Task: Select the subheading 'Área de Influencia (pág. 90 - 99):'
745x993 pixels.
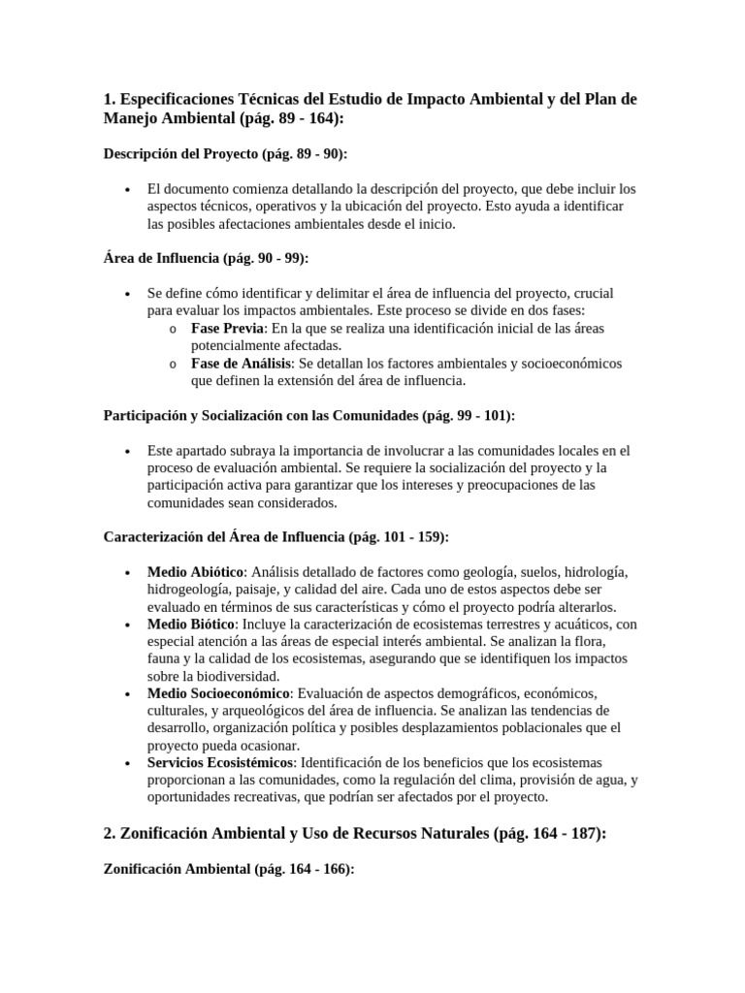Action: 206,258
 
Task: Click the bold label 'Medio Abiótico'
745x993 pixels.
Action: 195,571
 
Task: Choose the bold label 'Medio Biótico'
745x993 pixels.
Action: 190,624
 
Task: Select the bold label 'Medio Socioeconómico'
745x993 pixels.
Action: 218,693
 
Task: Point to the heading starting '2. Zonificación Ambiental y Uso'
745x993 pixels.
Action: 354,833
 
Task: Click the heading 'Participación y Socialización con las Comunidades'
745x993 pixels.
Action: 308,415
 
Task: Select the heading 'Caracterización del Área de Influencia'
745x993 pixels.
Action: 275,536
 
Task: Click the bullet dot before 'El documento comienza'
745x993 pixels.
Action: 128,189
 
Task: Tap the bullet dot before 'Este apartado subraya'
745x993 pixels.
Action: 128,452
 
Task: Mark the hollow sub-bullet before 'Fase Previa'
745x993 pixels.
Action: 172,330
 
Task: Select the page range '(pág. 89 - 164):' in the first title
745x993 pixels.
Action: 288,119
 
